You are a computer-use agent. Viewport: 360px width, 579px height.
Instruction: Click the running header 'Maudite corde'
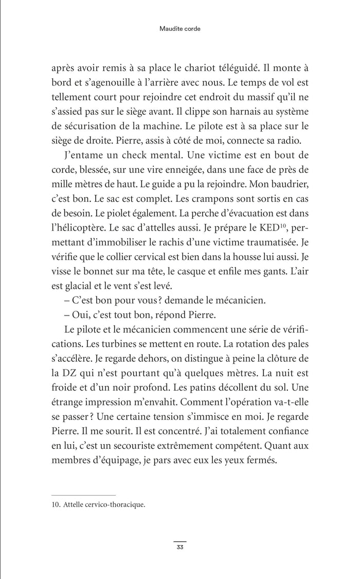click(179, 29)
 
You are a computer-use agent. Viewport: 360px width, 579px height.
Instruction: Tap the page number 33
click(179, 547)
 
